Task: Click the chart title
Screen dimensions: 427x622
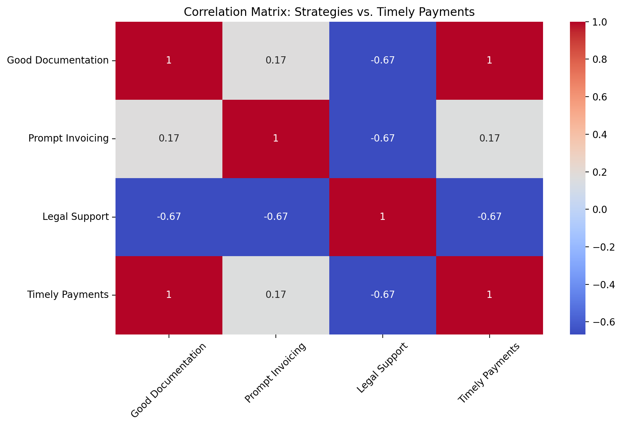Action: click(x=329, y=12)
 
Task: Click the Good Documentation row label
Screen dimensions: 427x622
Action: click(x=58, y=60)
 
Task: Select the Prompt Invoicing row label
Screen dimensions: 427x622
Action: click(x=68, y=138)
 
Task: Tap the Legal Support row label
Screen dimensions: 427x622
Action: click(x=76, y=217)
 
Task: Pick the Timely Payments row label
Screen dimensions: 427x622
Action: click(x=68, y=295)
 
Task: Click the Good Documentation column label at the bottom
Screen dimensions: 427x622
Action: click(x=169, y=380)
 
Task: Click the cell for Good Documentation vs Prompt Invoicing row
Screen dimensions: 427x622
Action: click(x=169, y=138)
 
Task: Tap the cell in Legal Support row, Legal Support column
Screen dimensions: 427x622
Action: click(x=382, y=217)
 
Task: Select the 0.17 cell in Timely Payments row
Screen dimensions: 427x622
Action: click(x=275, y=295)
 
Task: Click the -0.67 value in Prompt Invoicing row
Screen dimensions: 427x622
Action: click(x=382, y=138)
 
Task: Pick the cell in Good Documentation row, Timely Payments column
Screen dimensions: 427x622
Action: click(x=489, y=60)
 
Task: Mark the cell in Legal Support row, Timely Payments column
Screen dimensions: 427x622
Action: click(x=489, y=217)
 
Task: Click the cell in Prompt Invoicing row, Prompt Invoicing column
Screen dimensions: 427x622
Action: click(x=275, y=138)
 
